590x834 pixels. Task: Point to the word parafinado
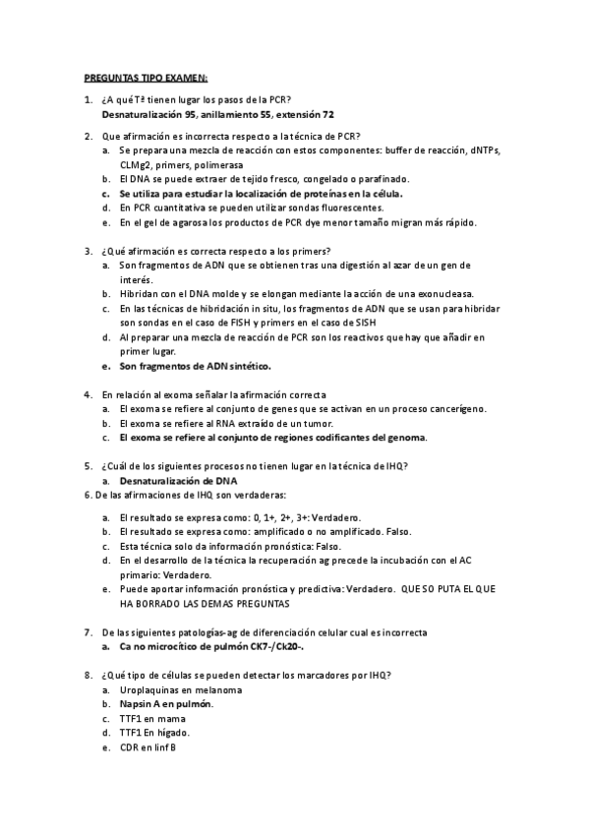[381, 179]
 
